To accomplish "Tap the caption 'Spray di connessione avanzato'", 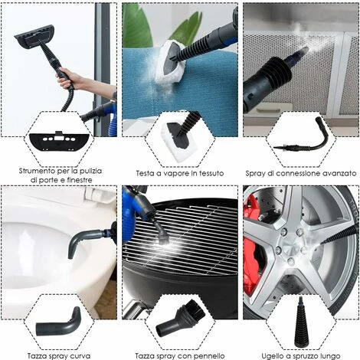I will point(300,173).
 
